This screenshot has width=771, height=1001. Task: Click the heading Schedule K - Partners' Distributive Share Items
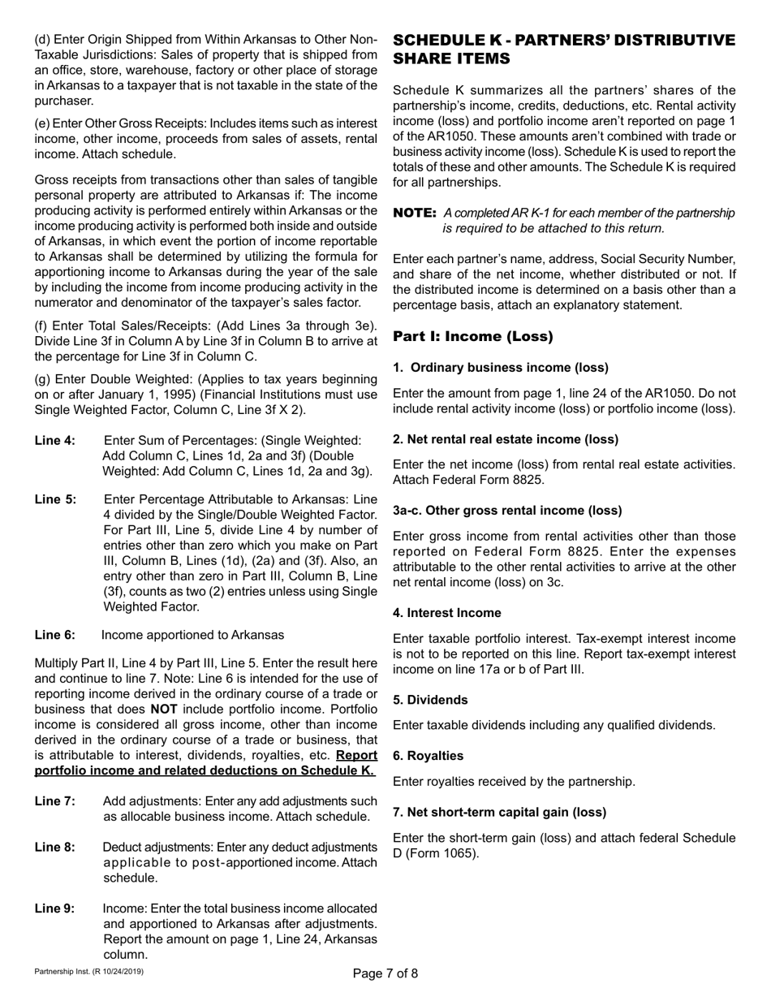click(563, 50)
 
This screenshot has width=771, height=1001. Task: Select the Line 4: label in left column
click(55, 439)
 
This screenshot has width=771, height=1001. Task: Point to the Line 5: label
click(55, 498)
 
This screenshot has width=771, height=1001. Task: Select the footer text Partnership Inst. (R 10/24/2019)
click(88, 972)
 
